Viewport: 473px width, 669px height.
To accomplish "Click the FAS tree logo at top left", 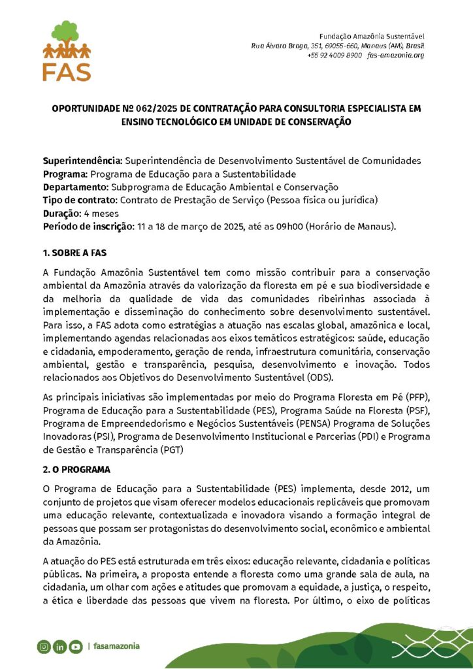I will click(x=67, y=51).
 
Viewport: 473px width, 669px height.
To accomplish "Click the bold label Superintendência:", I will click(x=82, y=161).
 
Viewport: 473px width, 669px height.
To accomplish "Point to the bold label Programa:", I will click(x=65, y=174).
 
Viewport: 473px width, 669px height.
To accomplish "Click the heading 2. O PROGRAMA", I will click(x=76, y=470).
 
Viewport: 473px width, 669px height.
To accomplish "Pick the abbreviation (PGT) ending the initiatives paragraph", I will click(x=171, y=449).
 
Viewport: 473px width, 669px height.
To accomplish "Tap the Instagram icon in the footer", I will click(x=44, y=647).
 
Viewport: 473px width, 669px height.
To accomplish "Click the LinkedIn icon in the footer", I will click(x=59, y=647).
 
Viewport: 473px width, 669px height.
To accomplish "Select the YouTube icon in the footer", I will click(x=75, y=647).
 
